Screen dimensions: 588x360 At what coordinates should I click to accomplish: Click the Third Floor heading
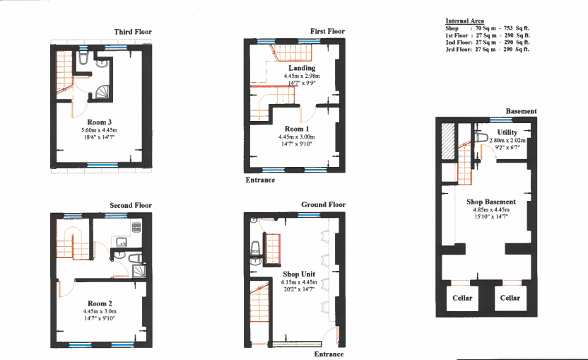[x=133, y=32]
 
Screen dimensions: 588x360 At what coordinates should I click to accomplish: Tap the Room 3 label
[x=100, y=122]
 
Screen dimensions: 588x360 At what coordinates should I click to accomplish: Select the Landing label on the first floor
[x=302, y=68]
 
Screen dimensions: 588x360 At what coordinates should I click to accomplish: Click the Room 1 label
[x=297, y=129]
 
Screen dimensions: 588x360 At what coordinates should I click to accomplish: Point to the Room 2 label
[x=100, y=303]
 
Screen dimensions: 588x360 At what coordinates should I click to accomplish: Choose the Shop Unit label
[x=299, y=274]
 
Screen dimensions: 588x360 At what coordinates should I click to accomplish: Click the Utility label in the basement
[x=507, y=132]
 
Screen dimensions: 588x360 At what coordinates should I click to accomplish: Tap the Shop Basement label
[x=491, y=202]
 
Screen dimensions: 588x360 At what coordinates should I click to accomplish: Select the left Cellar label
[x=462, y=298]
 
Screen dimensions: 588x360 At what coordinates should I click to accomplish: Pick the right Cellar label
[x=510, y=298]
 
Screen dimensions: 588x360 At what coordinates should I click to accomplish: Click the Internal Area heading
[x=464, y=21]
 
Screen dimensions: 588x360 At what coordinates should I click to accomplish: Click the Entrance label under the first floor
[x=260, y=180]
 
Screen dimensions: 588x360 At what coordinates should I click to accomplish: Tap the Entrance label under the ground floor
[x=329, y=354]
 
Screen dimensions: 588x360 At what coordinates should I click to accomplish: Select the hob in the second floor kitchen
[x=136, y=227]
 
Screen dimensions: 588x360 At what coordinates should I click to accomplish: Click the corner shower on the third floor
[x=102, y=93]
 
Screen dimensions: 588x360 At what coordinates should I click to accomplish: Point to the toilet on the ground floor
[x=255, y=247]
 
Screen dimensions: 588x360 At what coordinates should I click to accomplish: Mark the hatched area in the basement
[x=448, y=141]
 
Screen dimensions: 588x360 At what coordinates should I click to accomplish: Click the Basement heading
[x=521, y=112]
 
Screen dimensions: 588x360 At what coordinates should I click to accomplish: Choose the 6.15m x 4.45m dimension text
[x=299, y=282]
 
